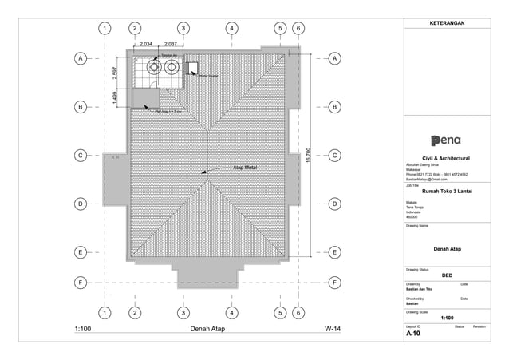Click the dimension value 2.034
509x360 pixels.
click(x=146, y=44)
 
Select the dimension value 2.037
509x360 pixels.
click(x=171, y=44)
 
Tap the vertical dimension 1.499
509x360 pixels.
click(x=116, y=97)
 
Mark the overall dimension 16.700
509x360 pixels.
click(x=308, y=154)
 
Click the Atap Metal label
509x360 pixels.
click(x=244, y=168)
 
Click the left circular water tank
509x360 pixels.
click(x=151, y=69)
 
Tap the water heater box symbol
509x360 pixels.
click(x=191, y=68)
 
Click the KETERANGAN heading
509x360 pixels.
click(x=447, y=23)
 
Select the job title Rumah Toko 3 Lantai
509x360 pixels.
click(x=447, y=192)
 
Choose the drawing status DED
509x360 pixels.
click(x=447, y=275)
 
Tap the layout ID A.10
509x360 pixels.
click(x=414, y=334)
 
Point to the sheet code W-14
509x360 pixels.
click(x=332, y=329)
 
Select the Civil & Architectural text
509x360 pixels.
click(x=446, y=158)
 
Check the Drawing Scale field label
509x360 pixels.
click(x=418, y=312)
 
